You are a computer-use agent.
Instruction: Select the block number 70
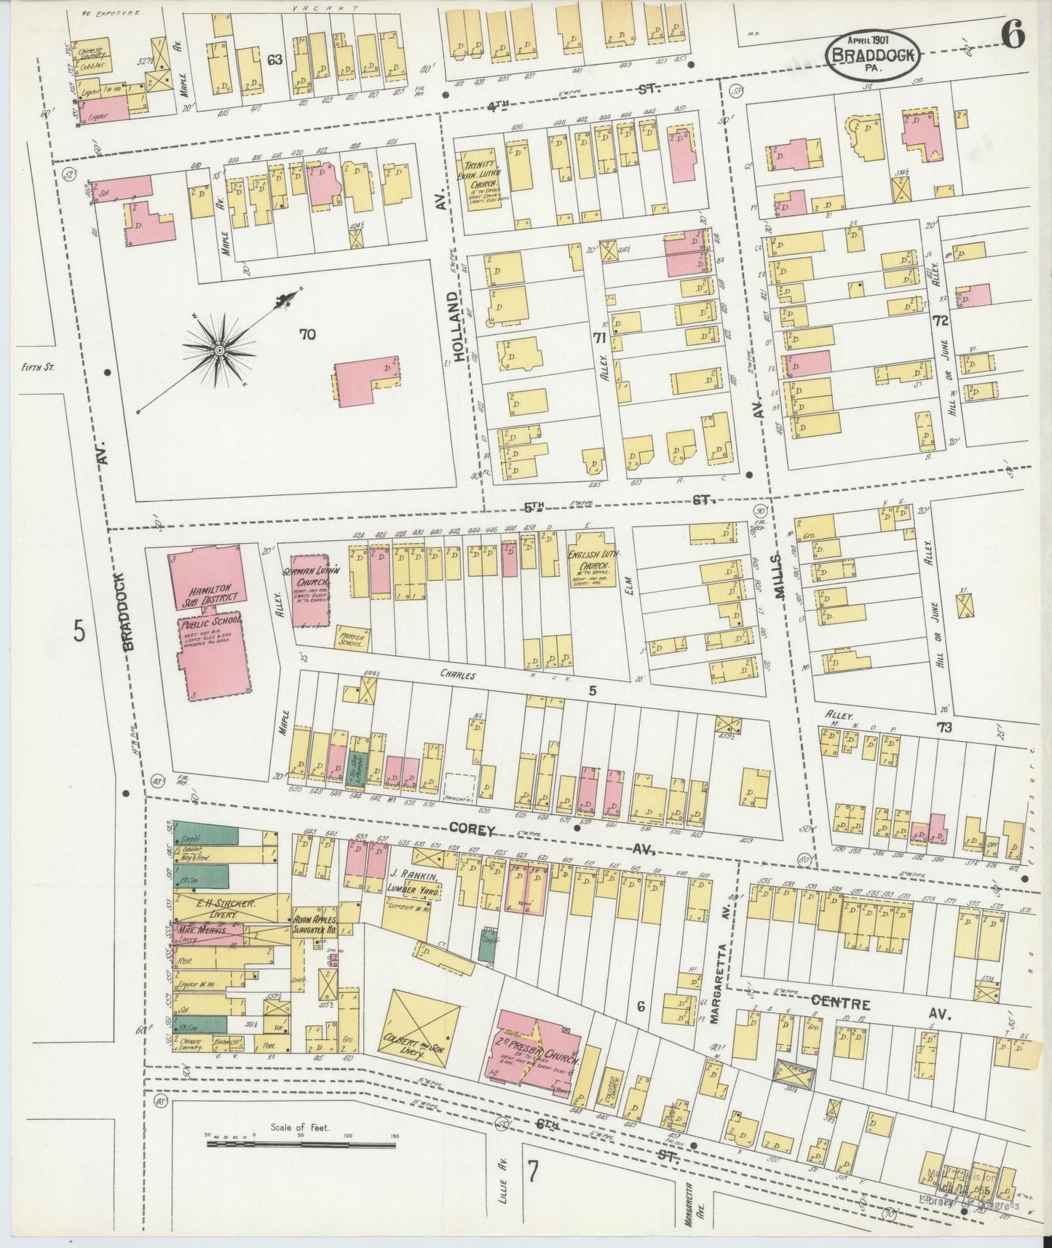click(x=306, y=335)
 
